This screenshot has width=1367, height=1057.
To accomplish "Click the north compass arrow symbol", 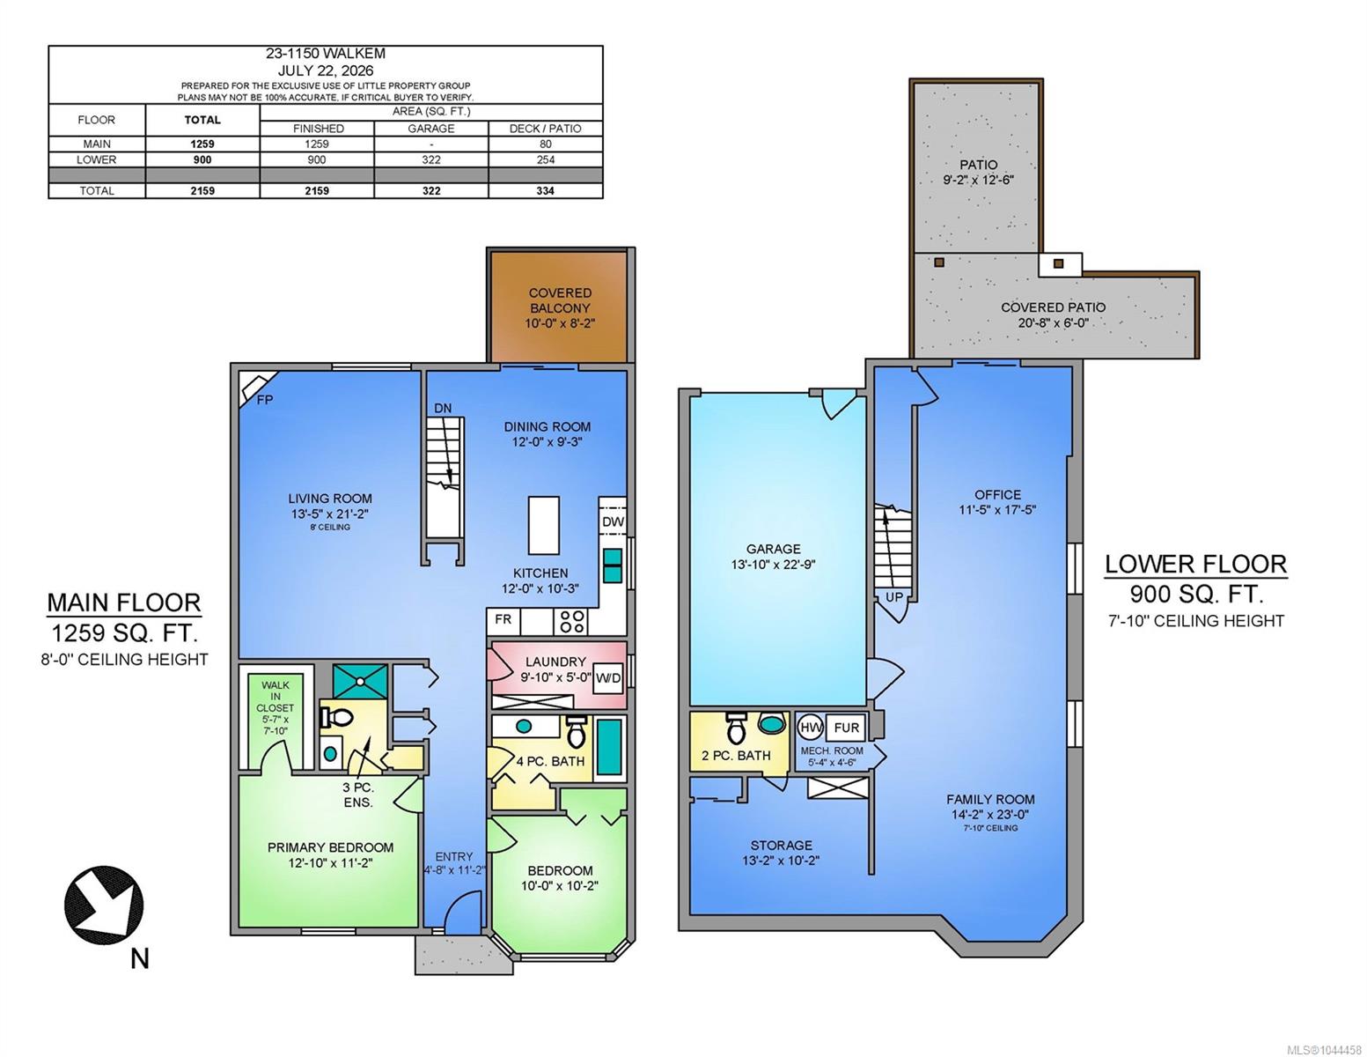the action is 104,905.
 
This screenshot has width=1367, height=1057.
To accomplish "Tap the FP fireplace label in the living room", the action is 265,399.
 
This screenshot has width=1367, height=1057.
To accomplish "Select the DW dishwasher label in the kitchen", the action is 613,521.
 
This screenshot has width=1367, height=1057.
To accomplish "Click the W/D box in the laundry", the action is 607,678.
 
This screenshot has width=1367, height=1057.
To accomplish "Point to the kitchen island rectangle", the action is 543,525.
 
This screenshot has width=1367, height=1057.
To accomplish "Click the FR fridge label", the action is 503,619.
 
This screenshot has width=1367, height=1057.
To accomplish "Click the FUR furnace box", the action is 846,728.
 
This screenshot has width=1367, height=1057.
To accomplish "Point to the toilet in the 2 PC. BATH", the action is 735,728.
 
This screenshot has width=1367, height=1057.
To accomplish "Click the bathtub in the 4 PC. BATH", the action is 609,747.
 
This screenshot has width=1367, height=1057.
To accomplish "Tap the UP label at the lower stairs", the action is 894,597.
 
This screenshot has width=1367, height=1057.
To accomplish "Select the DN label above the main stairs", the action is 443,408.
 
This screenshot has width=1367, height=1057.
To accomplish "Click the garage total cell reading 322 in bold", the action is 431,191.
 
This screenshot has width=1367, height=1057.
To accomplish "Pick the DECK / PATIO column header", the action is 546,129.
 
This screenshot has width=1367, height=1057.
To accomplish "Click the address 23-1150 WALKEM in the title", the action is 325,55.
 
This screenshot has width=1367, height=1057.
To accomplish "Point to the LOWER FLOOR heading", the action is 1196,564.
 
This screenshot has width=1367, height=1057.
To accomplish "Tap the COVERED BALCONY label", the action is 560,300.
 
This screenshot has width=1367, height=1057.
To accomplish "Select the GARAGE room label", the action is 773,549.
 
